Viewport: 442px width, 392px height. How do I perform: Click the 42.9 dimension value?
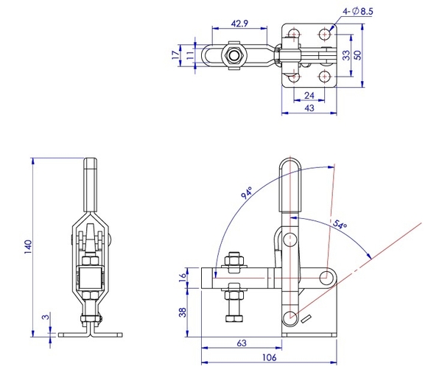point(238,24)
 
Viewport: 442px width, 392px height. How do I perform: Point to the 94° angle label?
point(247,195)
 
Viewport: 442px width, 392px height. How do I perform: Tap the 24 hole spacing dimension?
point(309,95)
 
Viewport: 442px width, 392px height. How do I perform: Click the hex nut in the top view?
point(234,55)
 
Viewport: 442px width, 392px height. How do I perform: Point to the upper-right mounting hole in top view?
point(323,33)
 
